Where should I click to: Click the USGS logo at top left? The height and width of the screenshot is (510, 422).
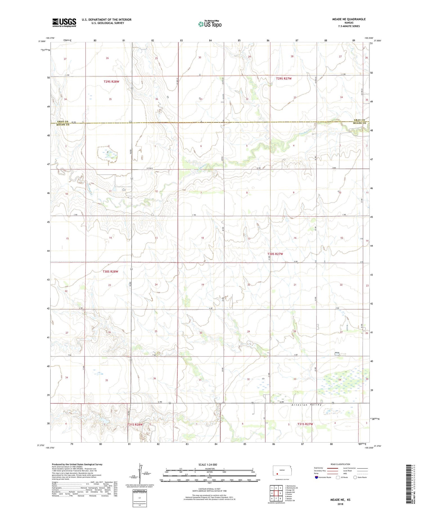pos(64,23)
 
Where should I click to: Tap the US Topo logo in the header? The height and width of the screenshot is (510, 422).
pos(210,24)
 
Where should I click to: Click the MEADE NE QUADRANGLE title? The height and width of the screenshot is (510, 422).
pos(349,19)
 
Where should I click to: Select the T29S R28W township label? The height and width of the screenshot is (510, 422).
pos(111,82)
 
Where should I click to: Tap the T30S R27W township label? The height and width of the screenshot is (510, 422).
pos(275,254)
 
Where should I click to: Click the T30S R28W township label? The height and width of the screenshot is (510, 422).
pos(110,271)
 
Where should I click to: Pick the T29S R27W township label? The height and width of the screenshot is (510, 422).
pos(284,78)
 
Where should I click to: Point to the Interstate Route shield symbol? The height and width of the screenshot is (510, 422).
pos(316,477)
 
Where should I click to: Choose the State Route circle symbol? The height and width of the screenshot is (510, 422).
pos(355,477)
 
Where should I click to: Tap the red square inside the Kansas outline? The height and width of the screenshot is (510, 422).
pos(277,473)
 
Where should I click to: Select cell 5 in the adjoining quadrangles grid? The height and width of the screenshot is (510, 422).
pos(280,493)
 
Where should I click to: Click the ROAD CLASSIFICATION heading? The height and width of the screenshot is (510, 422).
pos(340,464)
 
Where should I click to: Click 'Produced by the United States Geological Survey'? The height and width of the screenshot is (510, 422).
pos(77,464)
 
